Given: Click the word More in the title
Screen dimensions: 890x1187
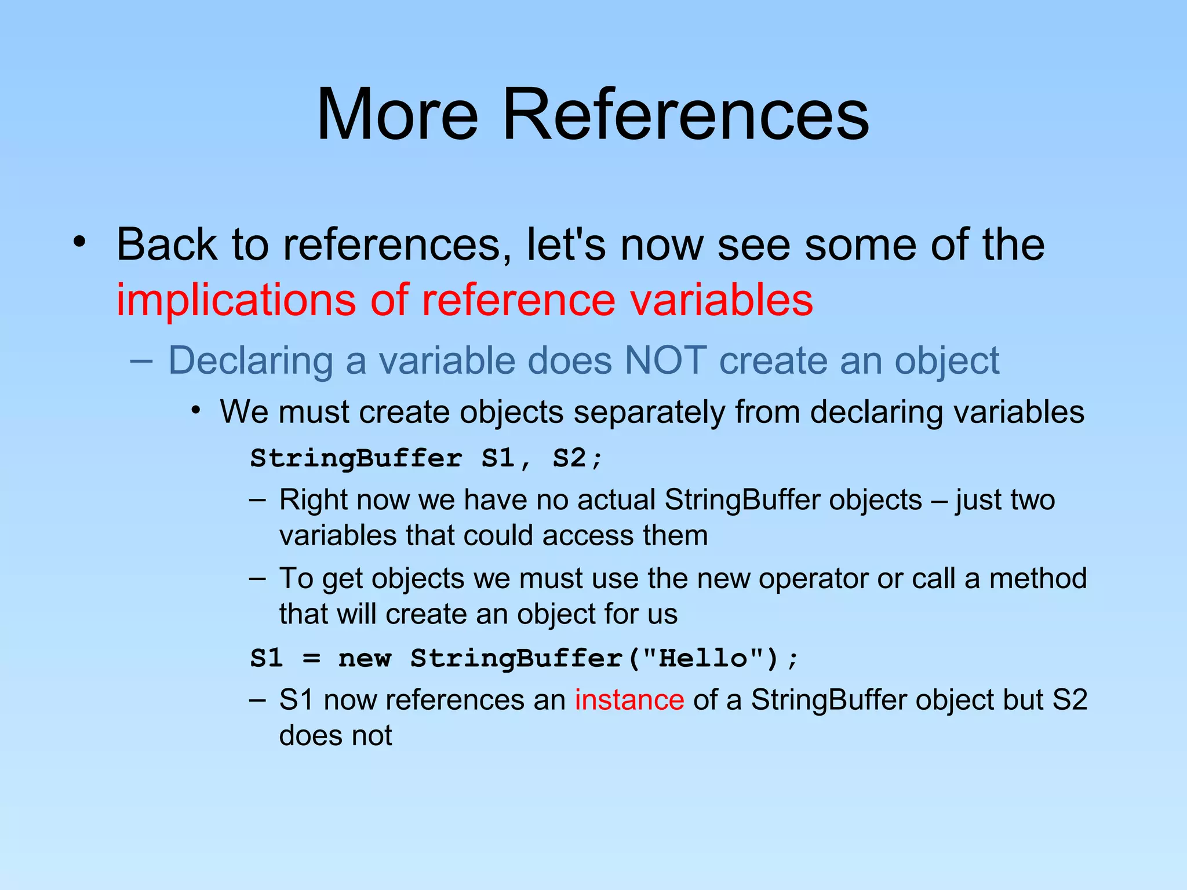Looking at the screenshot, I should [x=398, y=114].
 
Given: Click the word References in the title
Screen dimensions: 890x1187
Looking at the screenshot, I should [x=685, y=114].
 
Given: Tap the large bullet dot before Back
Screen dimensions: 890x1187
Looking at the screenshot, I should [x=79, y=242].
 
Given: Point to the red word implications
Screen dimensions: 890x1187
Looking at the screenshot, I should [x=236, y=300].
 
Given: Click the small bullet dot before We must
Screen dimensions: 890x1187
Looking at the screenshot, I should [x=196, y=411].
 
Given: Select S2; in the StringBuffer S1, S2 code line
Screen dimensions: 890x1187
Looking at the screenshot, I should [x=577, y=458].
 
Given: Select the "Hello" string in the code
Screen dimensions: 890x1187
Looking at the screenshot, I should [x=704, y=658].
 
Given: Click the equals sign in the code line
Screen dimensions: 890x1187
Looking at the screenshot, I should [x=311, y=659].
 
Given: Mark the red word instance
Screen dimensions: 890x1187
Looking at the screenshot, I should [x=629, y=700].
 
